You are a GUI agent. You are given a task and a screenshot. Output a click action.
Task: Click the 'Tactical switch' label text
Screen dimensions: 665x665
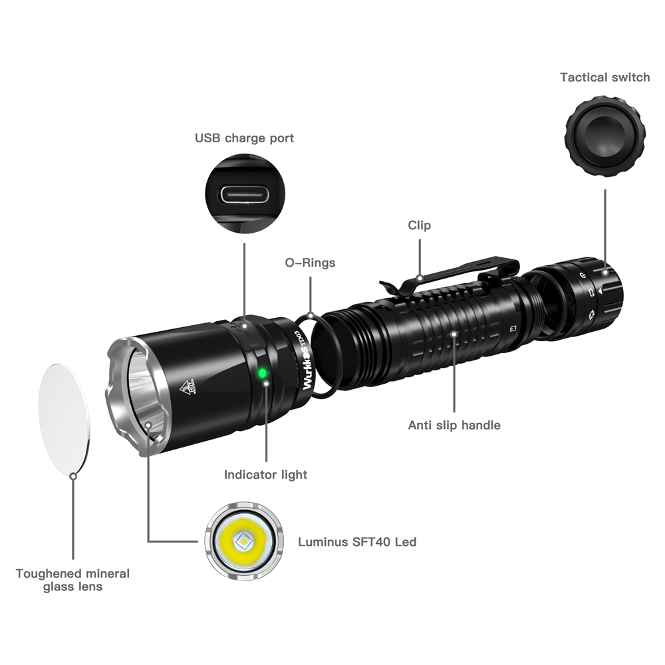(604, 78)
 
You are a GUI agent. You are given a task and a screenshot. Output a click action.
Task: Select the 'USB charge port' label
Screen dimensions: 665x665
(244, 138)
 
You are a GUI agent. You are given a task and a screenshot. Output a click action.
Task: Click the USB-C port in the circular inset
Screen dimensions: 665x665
(244, 196)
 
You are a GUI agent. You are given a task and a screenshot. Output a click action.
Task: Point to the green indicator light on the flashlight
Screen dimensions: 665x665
(263, 374)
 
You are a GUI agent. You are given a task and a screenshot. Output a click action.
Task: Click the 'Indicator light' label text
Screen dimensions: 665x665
(265, 475)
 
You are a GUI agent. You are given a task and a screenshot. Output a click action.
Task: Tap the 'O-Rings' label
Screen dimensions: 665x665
(310, 263)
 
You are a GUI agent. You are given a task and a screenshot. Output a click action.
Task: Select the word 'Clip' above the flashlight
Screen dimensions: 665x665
(419, 225)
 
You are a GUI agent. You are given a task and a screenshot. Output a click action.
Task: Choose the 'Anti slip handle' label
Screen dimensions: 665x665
(454, 425)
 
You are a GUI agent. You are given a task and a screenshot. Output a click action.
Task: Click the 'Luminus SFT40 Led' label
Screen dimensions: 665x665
(356, 542)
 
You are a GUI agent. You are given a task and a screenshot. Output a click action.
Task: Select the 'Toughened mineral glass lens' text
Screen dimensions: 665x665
(73, 580)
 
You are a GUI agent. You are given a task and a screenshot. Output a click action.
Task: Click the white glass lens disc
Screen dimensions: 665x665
(64, 419)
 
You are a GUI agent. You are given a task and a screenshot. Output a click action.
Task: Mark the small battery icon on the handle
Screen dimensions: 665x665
(512, 329)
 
